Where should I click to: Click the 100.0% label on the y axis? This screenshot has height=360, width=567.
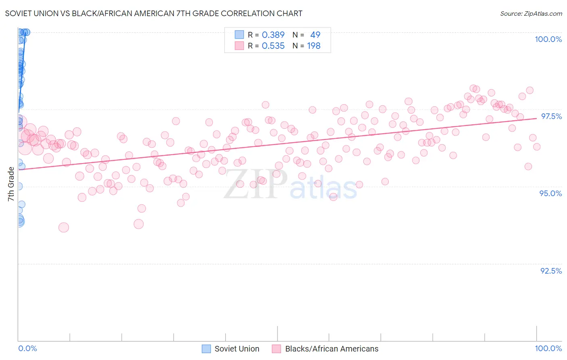coord(548,39)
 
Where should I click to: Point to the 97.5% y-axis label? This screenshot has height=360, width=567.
coord(551,116)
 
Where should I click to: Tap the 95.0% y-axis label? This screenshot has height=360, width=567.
coord(550,193)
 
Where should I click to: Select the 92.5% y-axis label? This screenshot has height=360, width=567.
coord(551,271)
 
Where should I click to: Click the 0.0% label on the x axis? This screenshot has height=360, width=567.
coord(27,348)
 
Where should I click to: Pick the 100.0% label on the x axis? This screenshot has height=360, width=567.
coord(548,348)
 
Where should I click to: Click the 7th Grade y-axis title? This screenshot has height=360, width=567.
coord(11,184)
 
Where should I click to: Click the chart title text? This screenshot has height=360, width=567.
coord(154,13)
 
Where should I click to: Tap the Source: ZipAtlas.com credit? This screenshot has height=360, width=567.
coord(531,13)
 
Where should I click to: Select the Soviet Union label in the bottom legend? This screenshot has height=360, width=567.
coord(237,349)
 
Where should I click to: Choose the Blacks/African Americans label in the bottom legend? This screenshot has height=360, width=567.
coord(331,349)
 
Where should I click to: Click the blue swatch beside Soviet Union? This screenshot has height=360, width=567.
coord(206,349)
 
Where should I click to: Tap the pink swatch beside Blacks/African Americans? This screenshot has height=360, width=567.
coord(276,349)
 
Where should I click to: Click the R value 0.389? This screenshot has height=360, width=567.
coord(273,35)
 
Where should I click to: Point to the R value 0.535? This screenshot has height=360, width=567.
coord(273,46)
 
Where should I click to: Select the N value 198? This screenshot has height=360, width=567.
coord(314,46)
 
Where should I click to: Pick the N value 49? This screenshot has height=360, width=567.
coord(315,35)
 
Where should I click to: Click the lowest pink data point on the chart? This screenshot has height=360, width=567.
coord(63,227)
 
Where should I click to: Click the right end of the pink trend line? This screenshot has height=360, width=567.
coord(536,118)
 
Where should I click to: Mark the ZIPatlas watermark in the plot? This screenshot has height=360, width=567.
coord(290,184)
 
